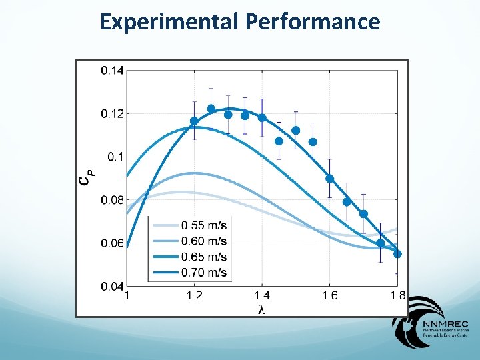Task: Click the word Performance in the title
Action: tap(313, 22)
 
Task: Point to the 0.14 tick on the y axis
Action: tap(112, 70)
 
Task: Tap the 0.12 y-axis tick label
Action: tap(112, 113)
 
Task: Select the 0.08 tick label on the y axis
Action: tap(112, 199)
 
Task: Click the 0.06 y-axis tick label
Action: tap(112, 243)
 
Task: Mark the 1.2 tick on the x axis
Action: tap(194, 296)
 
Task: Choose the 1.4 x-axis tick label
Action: tap(261, 296)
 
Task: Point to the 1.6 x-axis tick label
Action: tap(329, 296)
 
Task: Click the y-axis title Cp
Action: tap(87, 177)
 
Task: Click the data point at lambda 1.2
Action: tap(194, 121)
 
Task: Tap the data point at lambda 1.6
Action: tap(329, 179)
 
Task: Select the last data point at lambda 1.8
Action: tap(397, 253)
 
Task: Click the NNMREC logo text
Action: tap(440, 324)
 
